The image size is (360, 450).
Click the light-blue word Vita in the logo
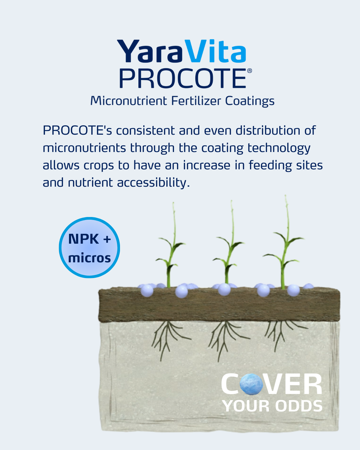[215, 52]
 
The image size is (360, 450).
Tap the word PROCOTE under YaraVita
[183, 79]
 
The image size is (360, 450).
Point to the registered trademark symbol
[249, 71]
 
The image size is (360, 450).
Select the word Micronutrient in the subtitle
[129, 101]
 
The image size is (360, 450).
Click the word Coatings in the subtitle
[250, 101]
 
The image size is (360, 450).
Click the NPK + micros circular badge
[89, 248]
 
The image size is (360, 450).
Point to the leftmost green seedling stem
[171, 253]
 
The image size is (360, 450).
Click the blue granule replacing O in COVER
[251, 384]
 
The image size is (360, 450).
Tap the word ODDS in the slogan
[299, 406]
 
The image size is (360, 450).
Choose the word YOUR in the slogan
[246, 406]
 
